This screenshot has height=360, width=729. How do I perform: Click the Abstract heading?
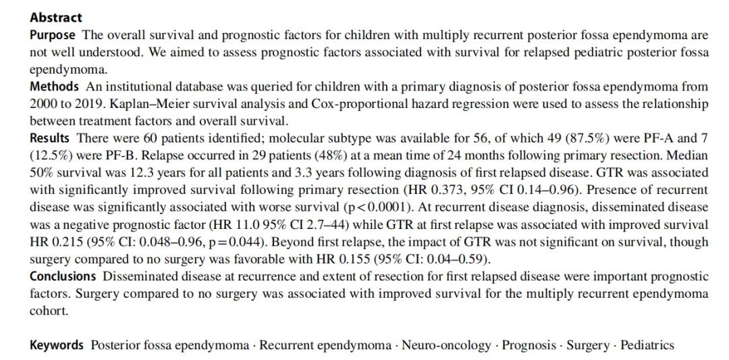click(56, 18)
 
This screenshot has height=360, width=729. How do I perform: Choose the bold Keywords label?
click(57, 345)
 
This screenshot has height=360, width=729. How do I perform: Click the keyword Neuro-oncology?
click(446, 345)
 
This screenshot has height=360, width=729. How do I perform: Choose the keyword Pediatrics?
click(647, 345)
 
